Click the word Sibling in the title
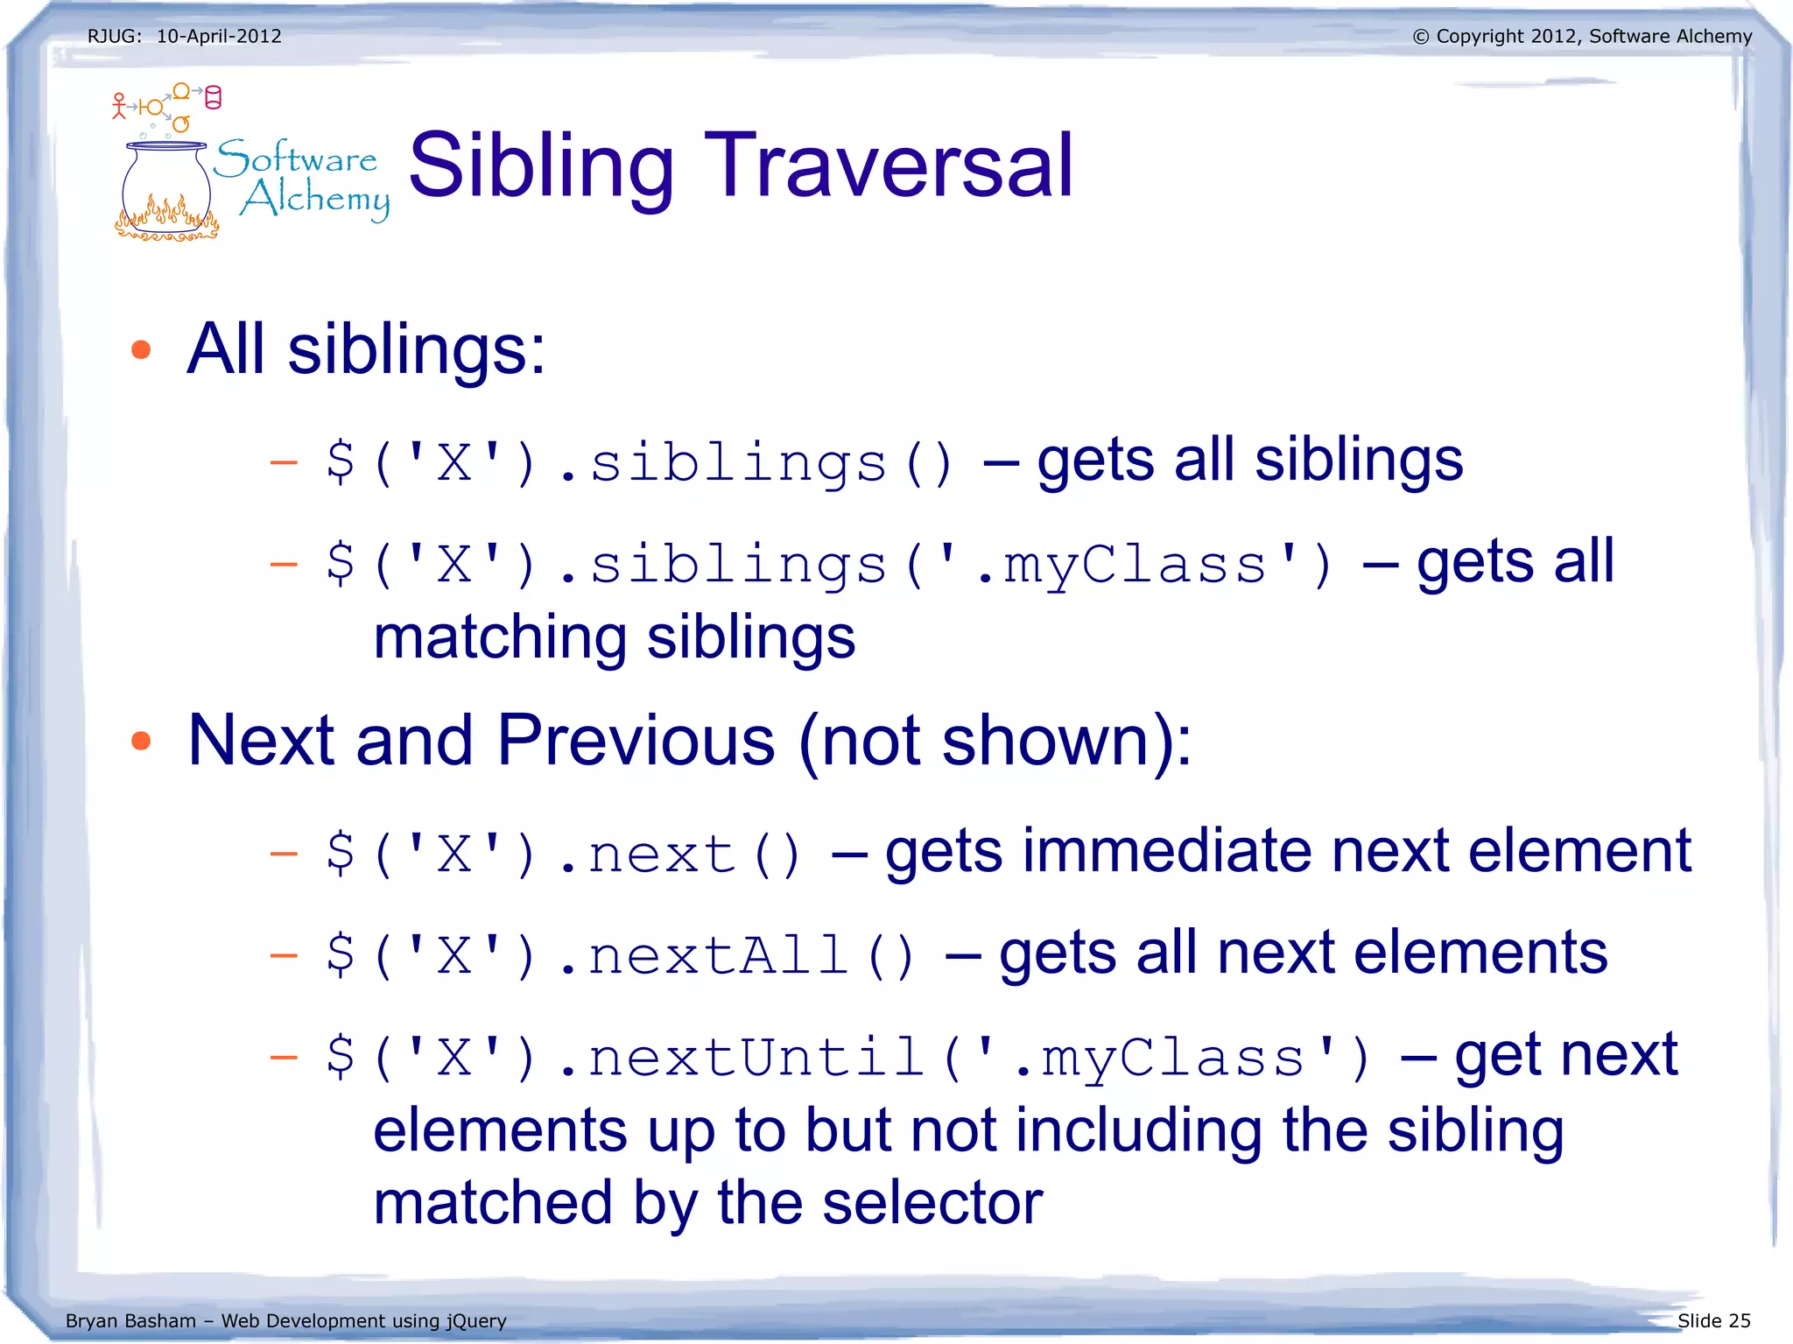pos(541,166)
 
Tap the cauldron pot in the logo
pos(165,188)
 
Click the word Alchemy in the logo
pos(315,199)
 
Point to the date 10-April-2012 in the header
pos(219,36)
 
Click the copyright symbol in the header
pos(1420,37)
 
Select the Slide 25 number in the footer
pos(1713,1320)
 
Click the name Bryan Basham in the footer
pos(130,1320)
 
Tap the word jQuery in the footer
pos(476,1320)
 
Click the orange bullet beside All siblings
pos(141,350)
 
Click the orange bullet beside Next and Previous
pos(141,742)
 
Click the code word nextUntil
pos(756,1057)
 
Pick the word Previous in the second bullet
pos(636,741)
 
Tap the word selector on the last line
pos(932,1202)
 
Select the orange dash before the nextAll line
pos(284,955)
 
